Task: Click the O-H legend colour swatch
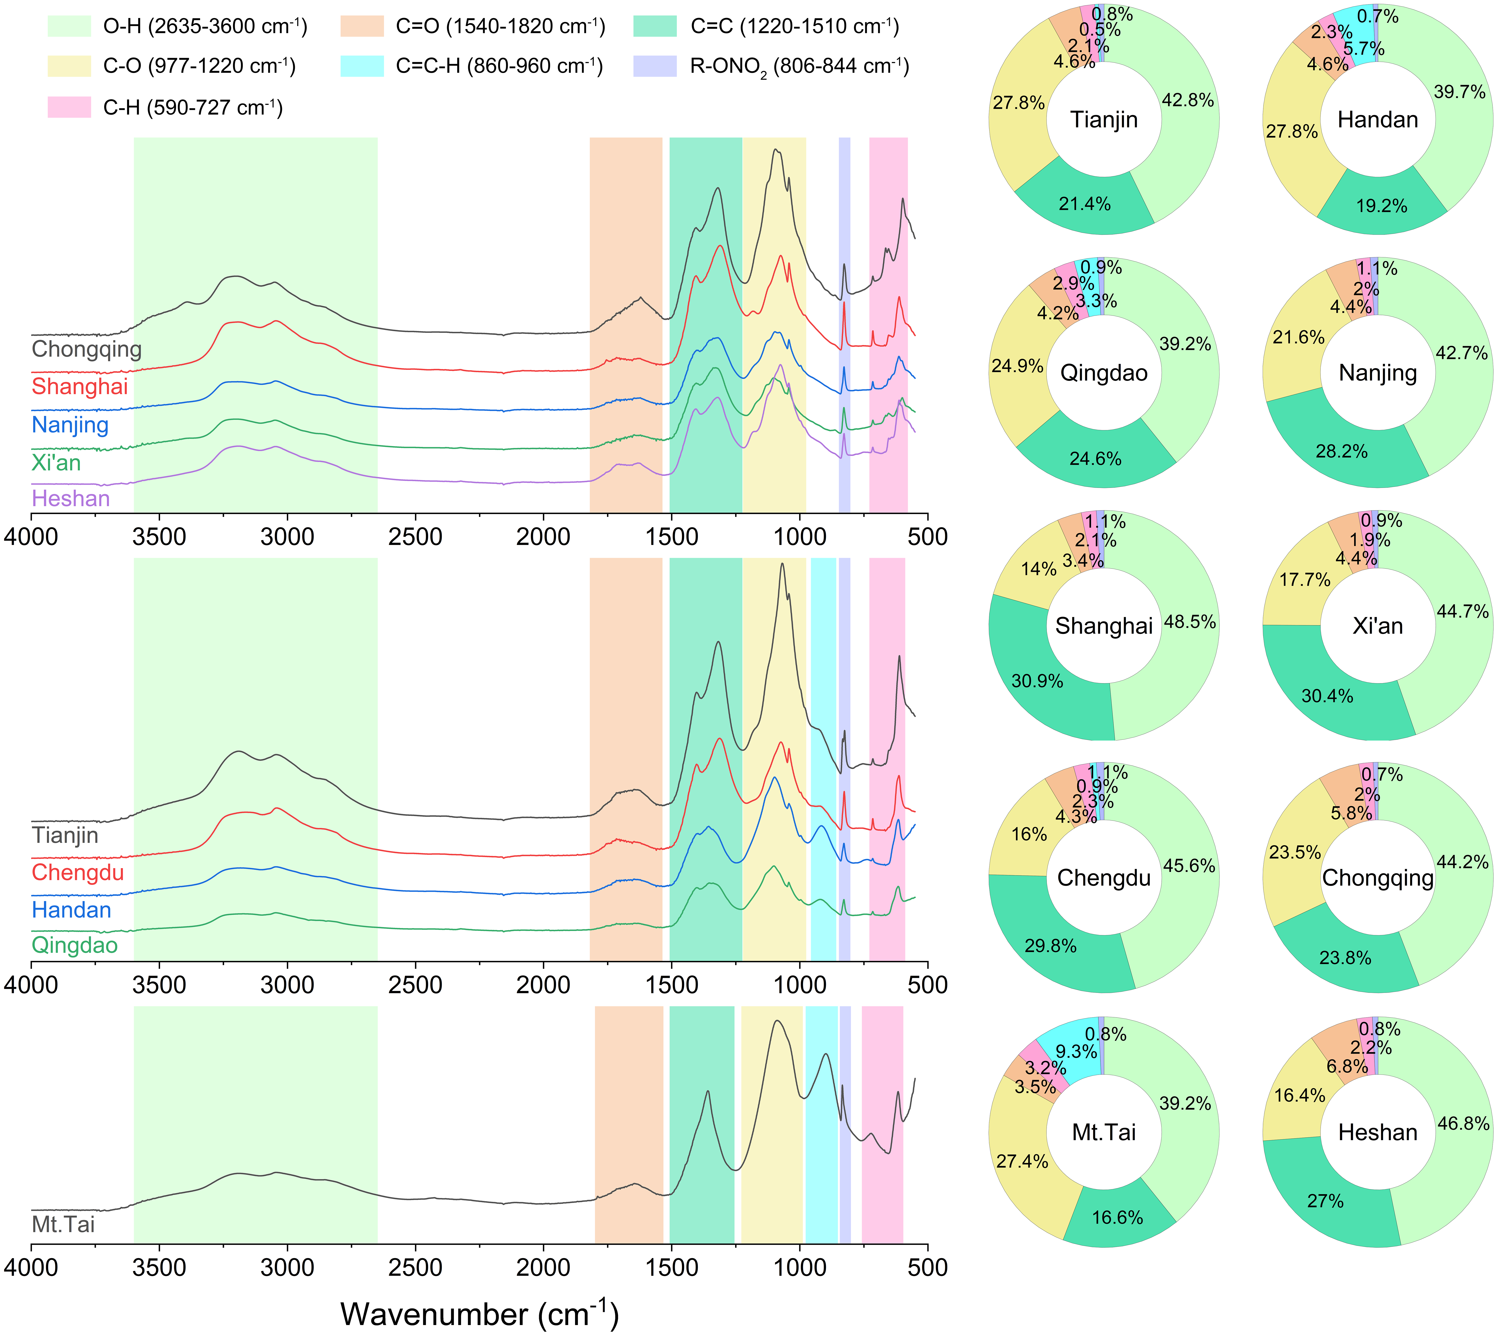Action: point(69,27)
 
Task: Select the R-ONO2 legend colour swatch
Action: point(655,66)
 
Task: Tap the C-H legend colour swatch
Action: point(69,107)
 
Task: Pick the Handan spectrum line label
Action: point(71,910)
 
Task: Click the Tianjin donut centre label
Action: point(1104,120)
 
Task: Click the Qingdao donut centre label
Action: point(1104,373)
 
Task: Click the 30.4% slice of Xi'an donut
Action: point(1327,696)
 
